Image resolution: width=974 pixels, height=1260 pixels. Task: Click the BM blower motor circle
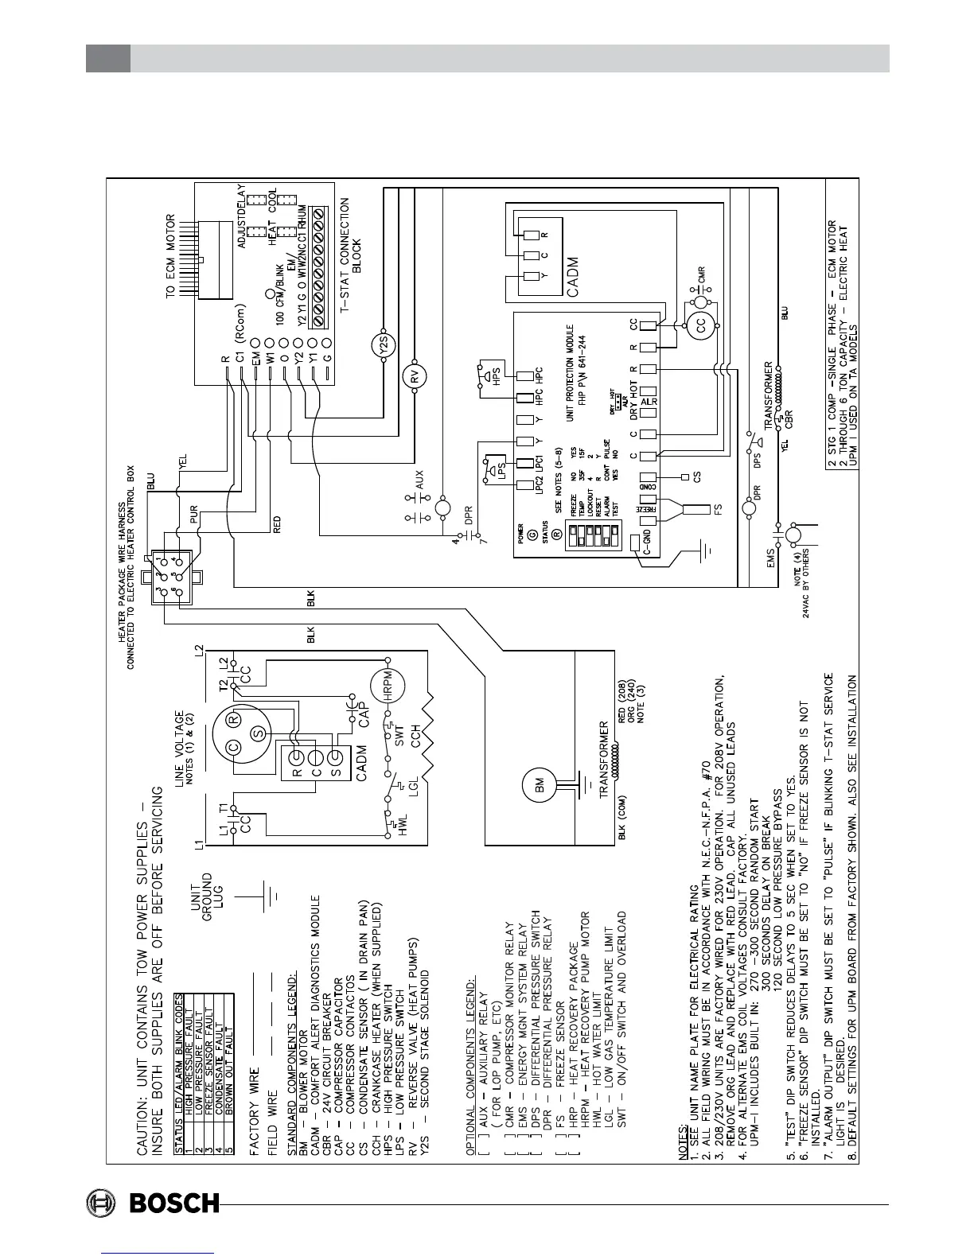tap(532, 785)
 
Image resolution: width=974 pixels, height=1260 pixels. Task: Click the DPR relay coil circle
tap(749, 508)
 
